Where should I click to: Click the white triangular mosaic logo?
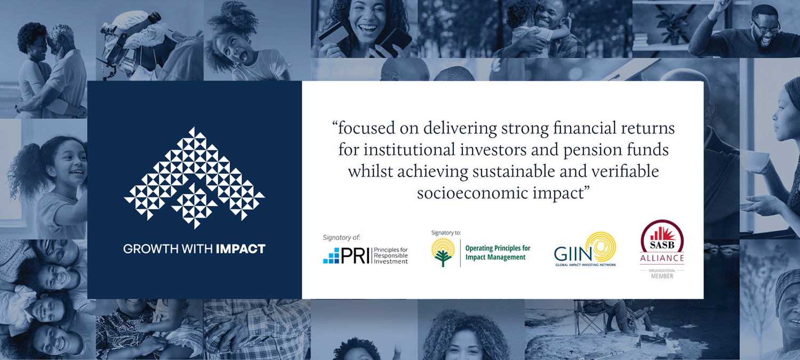(x=194, y=178)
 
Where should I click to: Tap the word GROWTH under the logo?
(x=151, y=249)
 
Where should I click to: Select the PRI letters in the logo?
(x=355, y=255)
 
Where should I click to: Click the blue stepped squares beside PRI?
(x=331, y=255)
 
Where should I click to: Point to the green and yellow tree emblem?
(x=443, y=252)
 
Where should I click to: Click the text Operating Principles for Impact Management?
(x=498, y=252)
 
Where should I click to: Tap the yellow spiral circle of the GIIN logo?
(x=601, y=246)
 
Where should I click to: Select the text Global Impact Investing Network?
(x=586, y=265)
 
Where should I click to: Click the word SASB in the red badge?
(x=662, y=245)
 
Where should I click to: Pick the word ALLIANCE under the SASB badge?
(x=662, y=258)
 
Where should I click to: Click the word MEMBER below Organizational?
(x=662, y=276)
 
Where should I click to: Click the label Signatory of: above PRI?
(x=341, y=237)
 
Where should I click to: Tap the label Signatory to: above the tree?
(x=446, y=233)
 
